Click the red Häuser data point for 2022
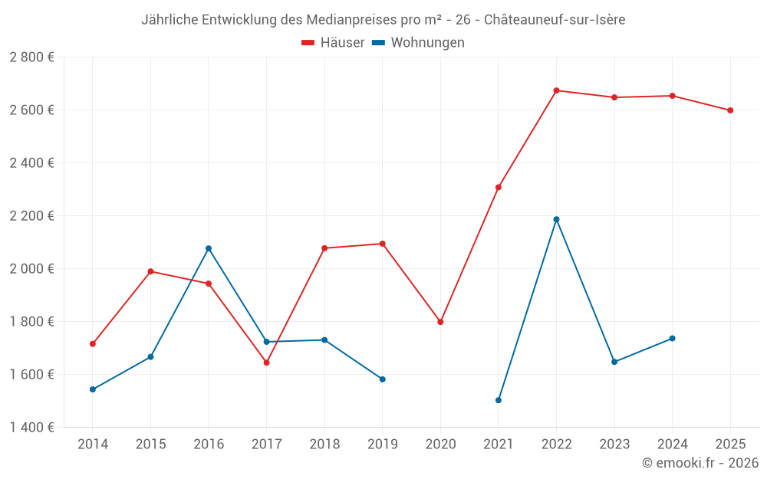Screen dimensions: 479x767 [556, 90]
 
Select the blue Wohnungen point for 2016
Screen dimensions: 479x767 [209, 248]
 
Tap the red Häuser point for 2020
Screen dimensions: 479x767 [440, 322]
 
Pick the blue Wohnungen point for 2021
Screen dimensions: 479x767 [499, 400]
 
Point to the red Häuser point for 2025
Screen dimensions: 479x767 [730, 110]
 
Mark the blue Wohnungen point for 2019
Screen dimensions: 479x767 [383, 379]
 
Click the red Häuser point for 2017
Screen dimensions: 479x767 [267, 363]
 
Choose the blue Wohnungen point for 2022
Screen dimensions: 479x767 [556, 219]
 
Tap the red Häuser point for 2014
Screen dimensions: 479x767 [93, 344]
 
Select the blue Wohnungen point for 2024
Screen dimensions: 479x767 [673, 338]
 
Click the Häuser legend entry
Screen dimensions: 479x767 [333, 43]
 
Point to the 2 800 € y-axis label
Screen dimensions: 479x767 [32, 57]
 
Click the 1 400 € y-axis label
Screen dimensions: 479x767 [32, 428]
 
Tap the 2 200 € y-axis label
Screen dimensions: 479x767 [32, 216]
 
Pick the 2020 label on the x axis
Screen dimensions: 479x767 [440, 444]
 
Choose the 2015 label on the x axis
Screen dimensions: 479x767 [150, 444]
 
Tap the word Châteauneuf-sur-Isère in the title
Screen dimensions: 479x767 [555, 20]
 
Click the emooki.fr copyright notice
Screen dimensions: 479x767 [700, 463]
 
